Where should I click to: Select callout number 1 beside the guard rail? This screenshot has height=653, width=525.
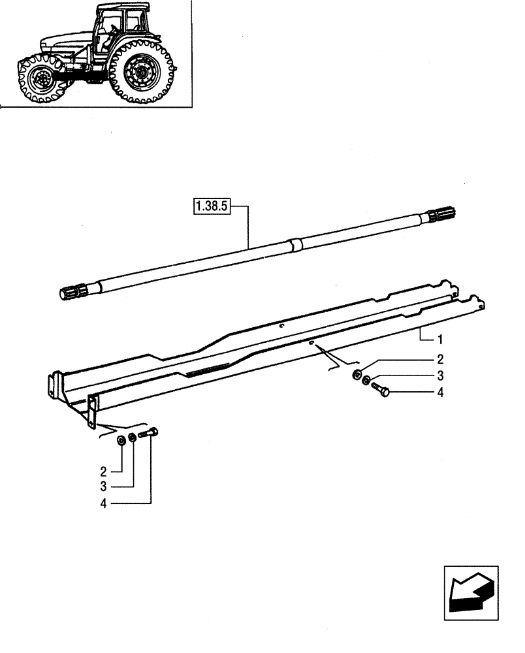pyautogui.click(x=439, y=340)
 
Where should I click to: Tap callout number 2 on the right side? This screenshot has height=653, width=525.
pyautogui.click(x=439, y=359)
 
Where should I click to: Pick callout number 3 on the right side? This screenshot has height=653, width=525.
pyautogui.click(x=439, y=375)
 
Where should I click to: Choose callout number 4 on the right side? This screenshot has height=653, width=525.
pyautogui.click(x=439, y=392)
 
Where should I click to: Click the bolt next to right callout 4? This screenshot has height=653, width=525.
pyautogui.click(x=380, y=389)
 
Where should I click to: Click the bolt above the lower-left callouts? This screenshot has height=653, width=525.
pyautogui.click(x=148, y=433)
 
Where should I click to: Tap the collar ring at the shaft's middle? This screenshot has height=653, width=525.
pyautogui.click(x=296, y=245)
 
